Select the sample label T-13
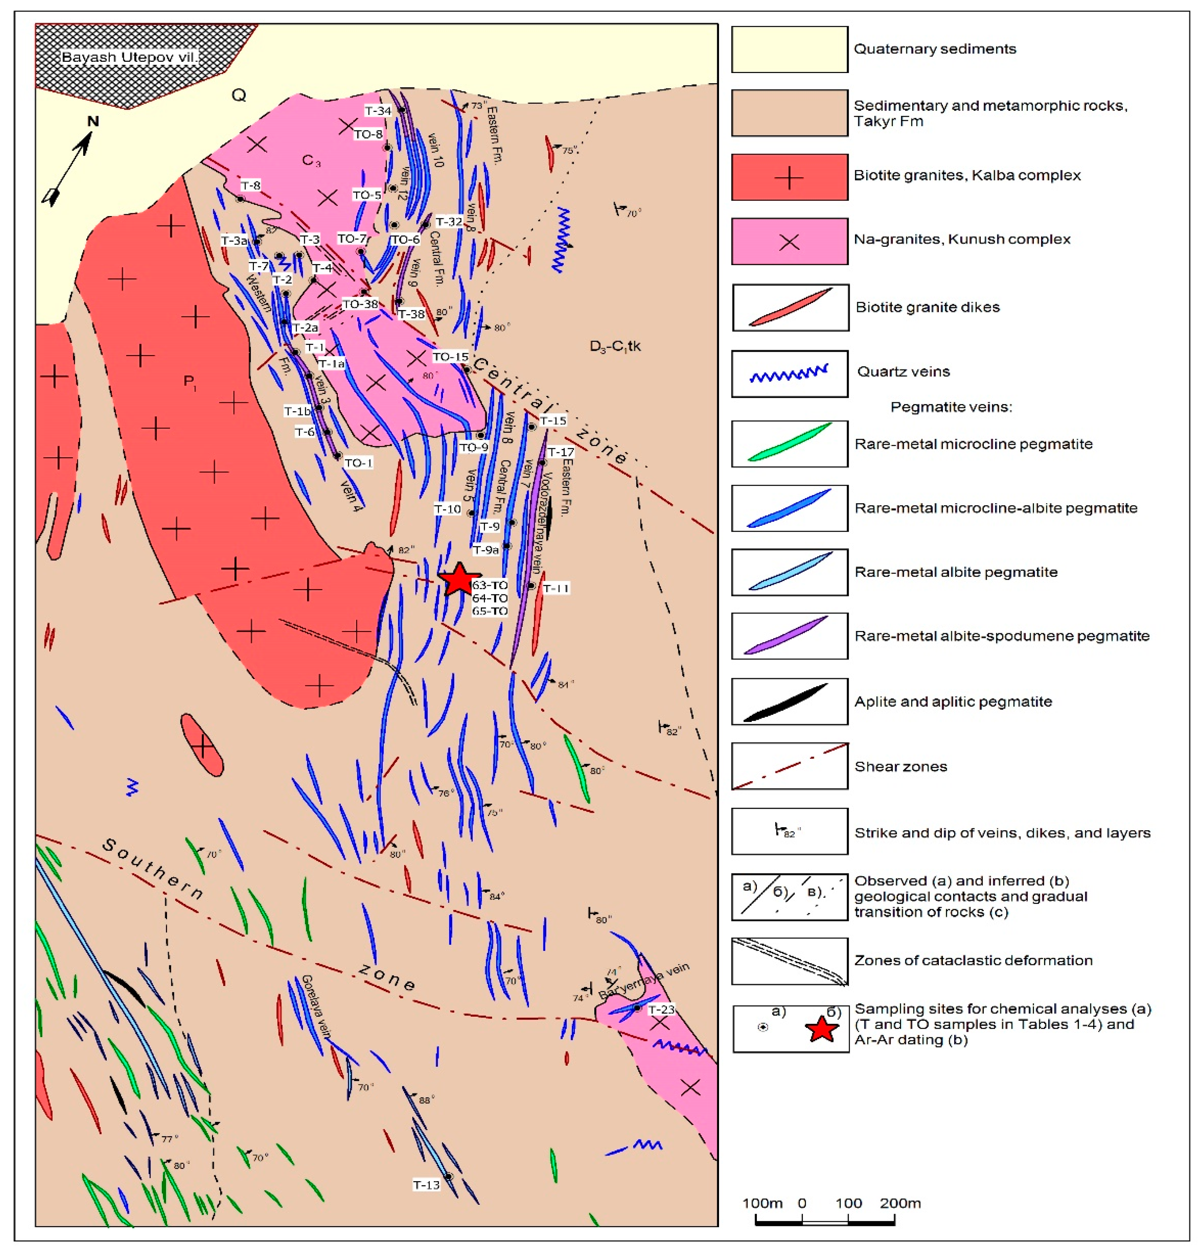(426, 1185)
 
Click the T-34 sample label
(378, 111)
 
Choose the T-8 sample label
(250, 186)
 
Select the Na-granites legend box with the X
(789, 242)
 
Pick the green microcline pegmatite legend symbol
(789, 443)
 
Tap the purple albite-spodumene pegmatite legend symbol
(789, 635)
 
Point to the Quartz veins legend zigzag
(789, 374)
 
